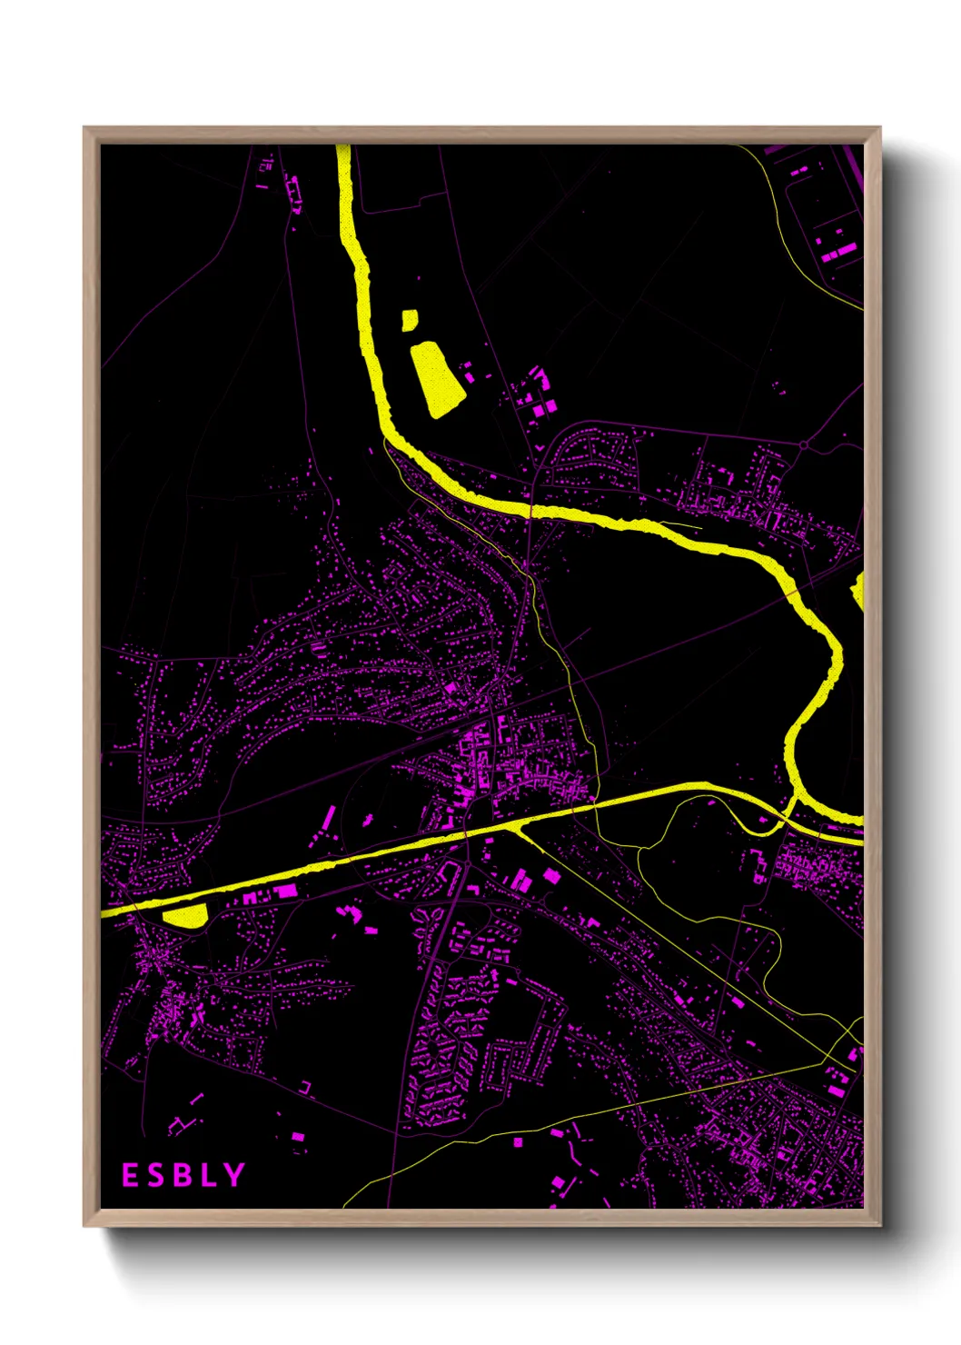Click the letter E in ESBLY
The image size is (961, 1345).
130,1175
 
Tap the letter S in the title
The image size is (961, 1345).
155,1175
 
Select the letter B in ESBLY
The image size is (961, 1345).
182,1175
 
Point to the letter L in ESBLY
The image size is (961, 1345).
207,1175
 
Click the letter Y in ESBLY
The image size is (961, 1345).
234,1175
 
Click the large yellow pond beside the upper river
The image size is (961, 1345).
437,379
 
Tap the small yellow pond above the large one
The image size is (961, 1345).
410,320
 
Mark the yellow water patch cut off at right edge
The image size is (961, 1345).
857,592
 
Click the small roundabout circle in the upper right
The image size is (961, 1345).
805,445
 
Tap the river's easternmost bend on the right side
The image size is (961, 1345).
836,654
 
